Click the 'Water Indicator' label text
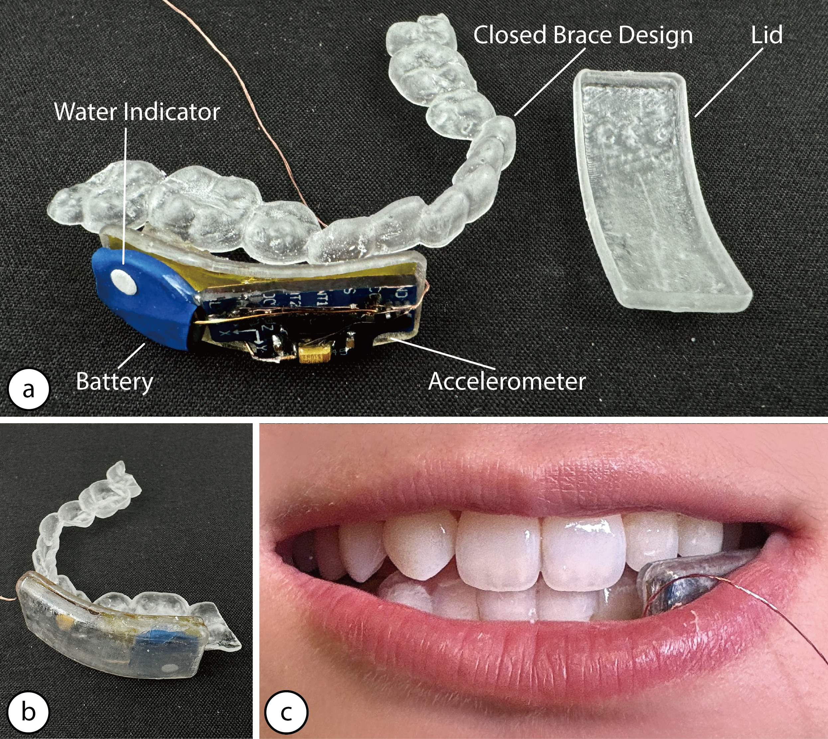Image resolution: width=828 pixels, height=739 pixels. pos(137,112)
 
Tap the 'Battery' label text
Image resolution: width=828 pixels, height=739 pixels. pos(115,382)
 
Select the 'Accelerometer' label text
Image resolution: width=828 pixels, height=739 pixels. pos(507,381)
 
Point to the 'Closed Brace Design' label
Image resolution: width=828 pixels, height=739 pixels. pos(583,35)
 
